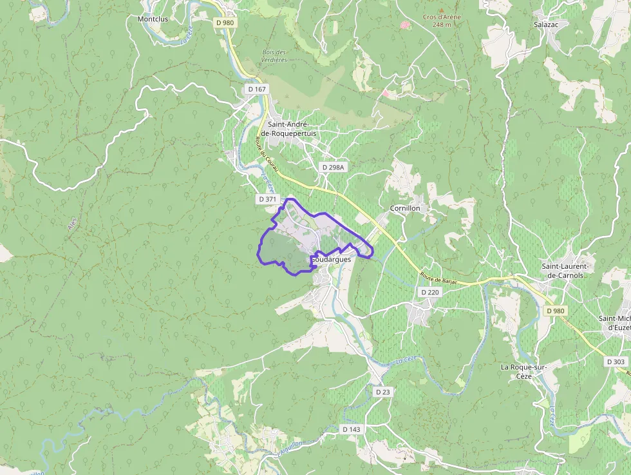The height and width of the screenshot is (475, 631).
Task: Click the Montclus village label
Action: pos(153,19)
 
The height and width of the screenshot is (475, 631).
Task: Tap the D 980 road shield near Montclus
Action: pos(225,23)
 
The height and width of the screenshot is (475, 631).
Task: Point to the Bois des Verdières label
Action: pos(274,56)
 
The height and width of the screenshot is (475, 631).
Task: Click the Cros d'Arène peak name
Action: pos(441,17)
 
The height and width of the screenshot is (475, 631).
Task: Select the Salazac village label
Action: pos(545,23)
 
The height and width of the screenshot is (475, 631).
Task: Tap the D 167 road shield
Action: pos(256,89)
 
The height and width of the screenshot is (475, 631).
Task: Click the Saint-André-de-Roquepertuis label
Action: pos(292,128)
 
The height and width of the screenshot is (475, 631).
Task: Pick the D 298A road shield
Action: pos(334,167)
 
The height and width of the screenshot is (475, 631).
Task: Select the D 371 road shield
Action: pos(267,199)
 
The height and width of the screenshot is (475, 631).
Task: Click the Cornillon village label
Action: pos(405,208)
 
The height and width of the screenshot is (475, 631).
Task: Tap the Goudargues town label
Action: pos(332,259)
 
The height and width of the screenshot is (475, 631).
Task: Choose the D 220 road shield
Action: pos(430,292)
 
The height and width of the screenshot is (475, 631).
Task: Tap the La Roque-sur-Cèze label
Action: pos(524,371)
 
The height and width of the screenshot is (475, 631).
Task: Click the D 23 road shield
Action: pos(383,392)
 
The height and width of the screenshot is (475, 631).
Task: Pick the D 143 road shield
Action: pos(352,429)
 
